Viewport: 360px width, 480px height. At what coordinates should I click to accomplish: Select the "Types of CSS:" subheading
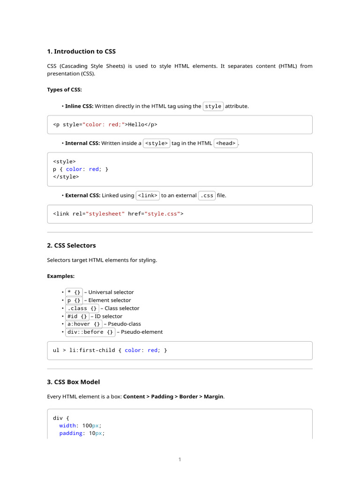[x=64, y=90]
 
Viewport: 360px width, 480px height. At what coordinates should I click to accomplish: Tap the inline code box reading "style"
[x=213, y=106]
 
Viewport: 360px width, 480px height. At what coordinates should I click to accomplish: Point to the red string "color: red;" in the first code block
[x=105, y=125]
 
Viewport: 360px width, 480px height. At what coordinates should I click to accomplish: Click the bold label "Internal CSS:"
[x=82, y=143]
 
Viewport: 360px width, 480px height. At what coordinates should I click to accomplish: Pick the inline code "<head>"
[x=225, y=143]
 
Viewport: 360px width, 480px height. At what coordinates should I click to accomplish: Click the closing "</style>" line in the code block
[x=66, y=177]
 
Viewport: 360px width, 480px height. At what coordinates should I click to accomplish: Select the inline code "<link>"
[x=148, y=195]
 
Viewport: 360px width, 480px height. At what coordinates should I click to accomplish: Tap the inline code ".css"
[x=207, y=195]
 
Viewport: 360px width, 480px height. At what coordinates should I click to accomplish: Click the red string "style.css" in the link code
[x=162, y=214]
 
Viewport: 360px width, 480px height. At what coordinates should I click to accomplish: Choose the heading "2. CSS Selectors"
[x=71, y=245]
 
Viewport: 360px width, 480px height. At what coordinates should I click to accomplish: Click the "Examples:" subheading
[x=61, y=276]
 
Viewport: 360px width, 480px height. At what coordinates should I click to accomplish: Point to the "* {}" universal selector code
[x=74, y=292]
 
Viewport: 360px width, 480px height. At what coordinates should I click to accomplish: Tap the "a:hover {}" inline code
[x=83, y=324]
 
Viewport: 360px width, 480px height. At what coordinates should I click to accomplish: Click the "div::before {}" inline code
[x=90, y=332]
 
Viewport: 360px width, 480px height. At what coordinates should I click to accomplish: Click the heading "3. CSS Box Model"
[x=73, y=382]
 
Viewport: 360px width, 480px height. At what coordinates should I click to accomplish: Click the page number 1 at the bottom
[x=180, y=459]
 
